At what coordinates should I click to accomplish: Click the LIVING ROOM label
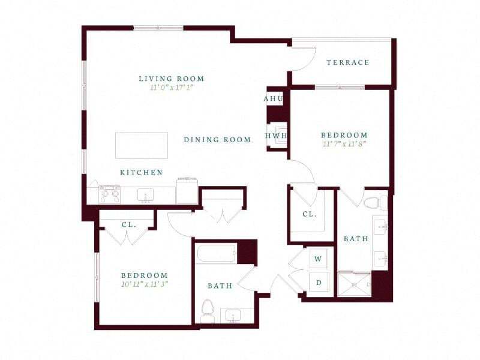(x=171, y=79)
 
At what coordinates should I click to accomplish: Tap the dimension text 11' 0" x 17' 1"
(x=171, y=88)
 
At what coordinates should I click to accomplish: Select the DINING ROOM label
(x=217, y=140)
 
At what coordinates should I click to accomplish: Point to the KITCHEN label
(x=142, y=173)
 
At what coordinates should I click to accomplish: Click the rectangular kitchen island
(x=142, y=145)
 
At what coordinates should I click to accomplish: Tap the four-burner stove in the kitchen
(x=109, y=195)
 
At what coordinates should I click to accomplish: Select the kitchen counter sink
(x=145, y=196)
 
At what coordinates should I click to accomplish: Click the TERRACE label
(x=347, y=62)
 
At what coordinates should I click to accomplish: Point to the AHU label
(x=273, y=98)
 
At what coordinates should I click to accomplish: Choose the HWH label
(x=277, y=136)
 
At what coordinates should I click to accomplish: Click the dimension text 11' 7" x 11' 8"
(x=344, y=144)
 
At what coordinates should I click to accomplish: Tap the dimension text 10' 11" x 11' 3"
(x=144, y=284)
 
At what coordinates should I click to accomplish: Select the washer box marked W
(x=318, y=259)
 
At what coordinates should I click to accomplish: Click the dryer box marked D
(x=318, y=282)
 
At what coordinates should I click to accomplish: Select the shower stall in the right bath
(x=354, y=284)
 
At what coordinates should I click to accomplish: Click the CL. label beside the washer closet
(x=309, y=214)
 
